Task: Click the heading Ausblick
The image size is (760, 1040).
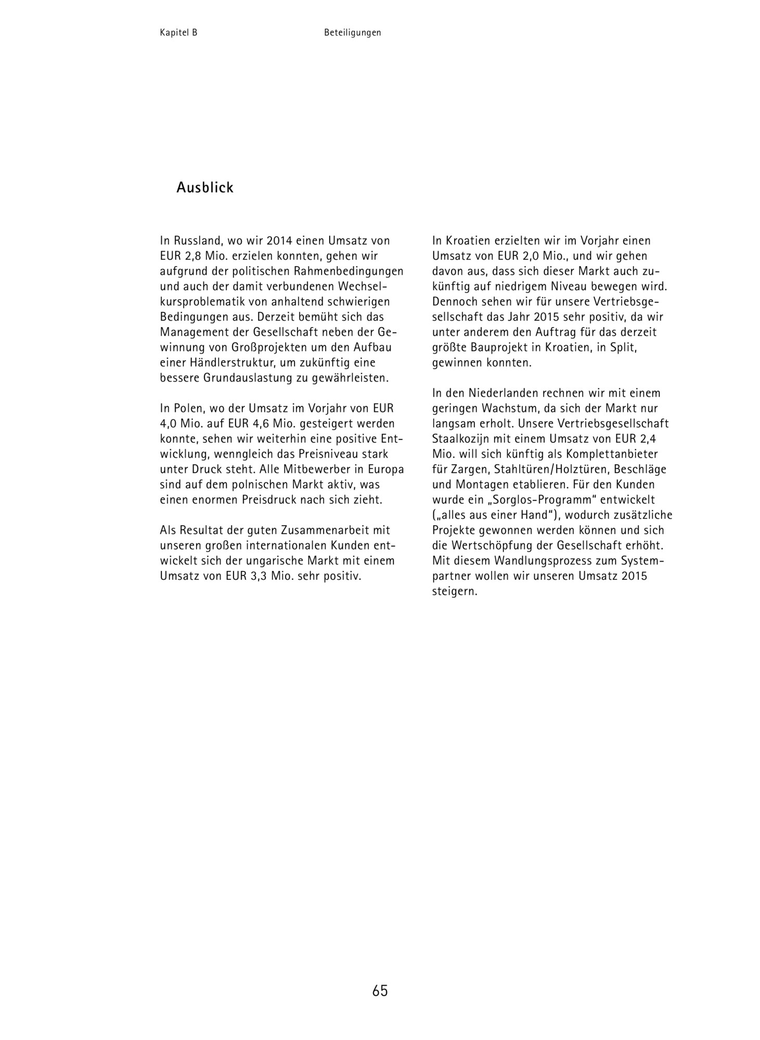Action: click(205, 188)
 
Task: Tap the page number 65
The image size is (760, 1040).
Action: click(380, 991)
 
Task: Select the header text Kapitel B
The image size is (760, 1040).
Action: click(178, 33)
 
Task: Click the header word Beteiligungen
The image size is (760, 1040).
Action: click(353, 33)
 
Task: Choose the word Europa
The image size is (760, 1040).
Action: click(384, 469)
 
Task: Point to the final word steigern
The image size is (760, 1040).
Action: click(454, 591)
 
